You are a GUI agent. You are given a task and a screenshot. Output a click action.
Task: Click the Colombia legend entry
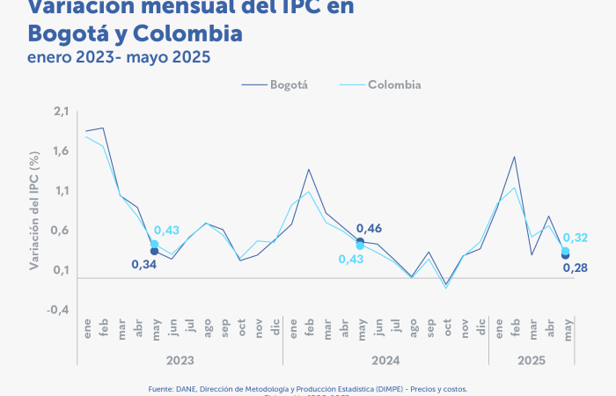pos(393,84)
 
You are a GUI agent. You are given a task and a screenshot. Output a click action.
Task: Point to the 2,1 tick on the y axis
pos(61,111)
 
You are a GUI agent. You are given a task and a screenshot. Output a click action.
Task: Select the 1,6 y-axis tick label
pos(61,150)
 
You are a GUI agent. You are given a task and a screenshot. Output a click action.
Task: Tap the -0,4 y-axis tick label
pos(58,310)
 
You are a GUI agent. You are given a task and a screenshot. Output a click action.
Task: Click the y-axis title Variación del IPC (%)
pos(34,209)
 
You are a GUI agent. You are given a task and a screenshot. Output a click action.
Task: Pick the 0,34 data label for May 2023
pos(143,264)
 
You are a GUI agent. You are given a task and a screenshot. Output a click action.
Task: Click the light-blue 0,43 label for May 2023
pos(166,231)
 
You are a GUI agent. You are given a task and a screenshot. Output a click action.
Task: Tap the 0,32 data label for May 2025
pos(576,238)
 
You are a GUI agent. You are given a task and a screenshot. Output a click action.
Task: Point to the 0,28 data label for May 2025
pos(576,268)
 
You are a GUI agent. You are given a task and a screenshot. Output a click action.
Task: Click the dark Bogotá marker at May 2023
pos(154,252)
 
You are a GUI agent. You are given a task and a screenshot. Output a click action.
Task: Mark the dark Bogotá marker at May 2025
pos(565,256)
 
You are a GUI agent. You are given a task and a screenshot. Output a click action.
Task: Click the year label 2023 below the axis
pos(180,361)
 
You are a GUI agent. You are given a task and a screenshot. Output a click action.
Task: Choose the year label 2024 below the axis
pos(385,361)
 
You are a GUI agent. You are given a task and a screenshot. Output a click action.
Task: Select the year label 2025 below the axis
pos(532,361)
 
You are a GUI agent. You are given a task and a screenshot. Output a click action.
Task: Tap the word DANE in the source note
pos(182,388)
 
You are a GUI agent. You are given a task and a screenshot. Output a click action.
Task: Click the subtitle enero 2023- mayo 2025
pos(119,58)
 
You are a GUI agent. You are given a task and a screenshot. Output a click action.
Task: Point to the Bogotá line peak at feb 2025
pos(514,157)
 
